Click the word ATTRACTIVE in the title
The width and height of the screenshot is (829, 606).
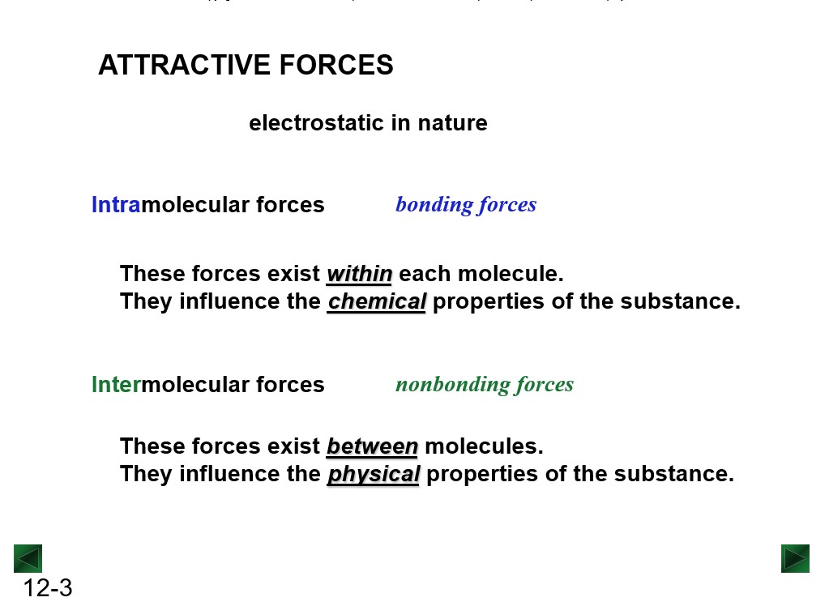pyautogui.click(x=185, y=65)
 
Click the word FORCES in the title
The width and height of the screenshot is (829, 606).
pyautogui.click(x=336, y=65)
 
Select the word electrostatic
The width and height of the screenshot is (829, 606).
pyautogui.click(x=316, y=122)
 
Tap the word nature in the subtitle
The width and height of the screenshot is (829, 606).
pyautogui.click(x=452, y=122)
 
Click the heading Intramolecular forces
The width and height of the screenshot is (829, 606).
pyautogui.click(x=207, y=205)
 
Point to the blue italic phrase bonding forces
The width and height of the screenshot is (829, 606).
pyautogui.click(x=466, y=205)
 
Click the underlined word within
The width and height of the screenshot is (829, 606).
pyautogui.click(x=359, y=274)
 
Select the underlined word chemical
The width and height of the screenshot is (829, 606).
pyautogui.click(x=377, y=301)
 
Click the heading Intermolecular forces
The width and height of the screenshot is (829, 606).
pyautogui.click(x=207, y=385)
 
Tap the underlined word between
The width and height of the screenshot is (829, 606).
pyautogui.click(x=372, y=446)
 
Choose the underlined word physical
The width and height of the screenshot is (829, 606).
pyautogui.click(x=374, y=474)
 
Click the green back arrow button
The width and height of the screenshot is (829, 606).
pyautogui.click(x=28, y=558)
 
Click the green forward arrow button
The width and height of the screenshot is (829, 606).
pyautogui.click(x=795, y=558)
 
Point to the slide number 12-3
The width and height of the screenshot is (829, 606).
pyautogui.click(x=48, y=588)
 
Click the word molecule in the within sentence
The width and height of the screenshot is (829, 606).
pyautogui.click(x=511, y=274)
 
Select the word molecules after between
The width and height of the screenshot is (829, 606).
pyautogui.click(x=484, y=446)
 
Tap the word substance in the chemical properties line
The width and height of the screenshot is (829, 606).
pyautogui.click(x=681, y=301)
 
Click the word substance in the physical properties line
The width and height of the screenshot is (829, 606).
pyautogui.click(x=674, y=474)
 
